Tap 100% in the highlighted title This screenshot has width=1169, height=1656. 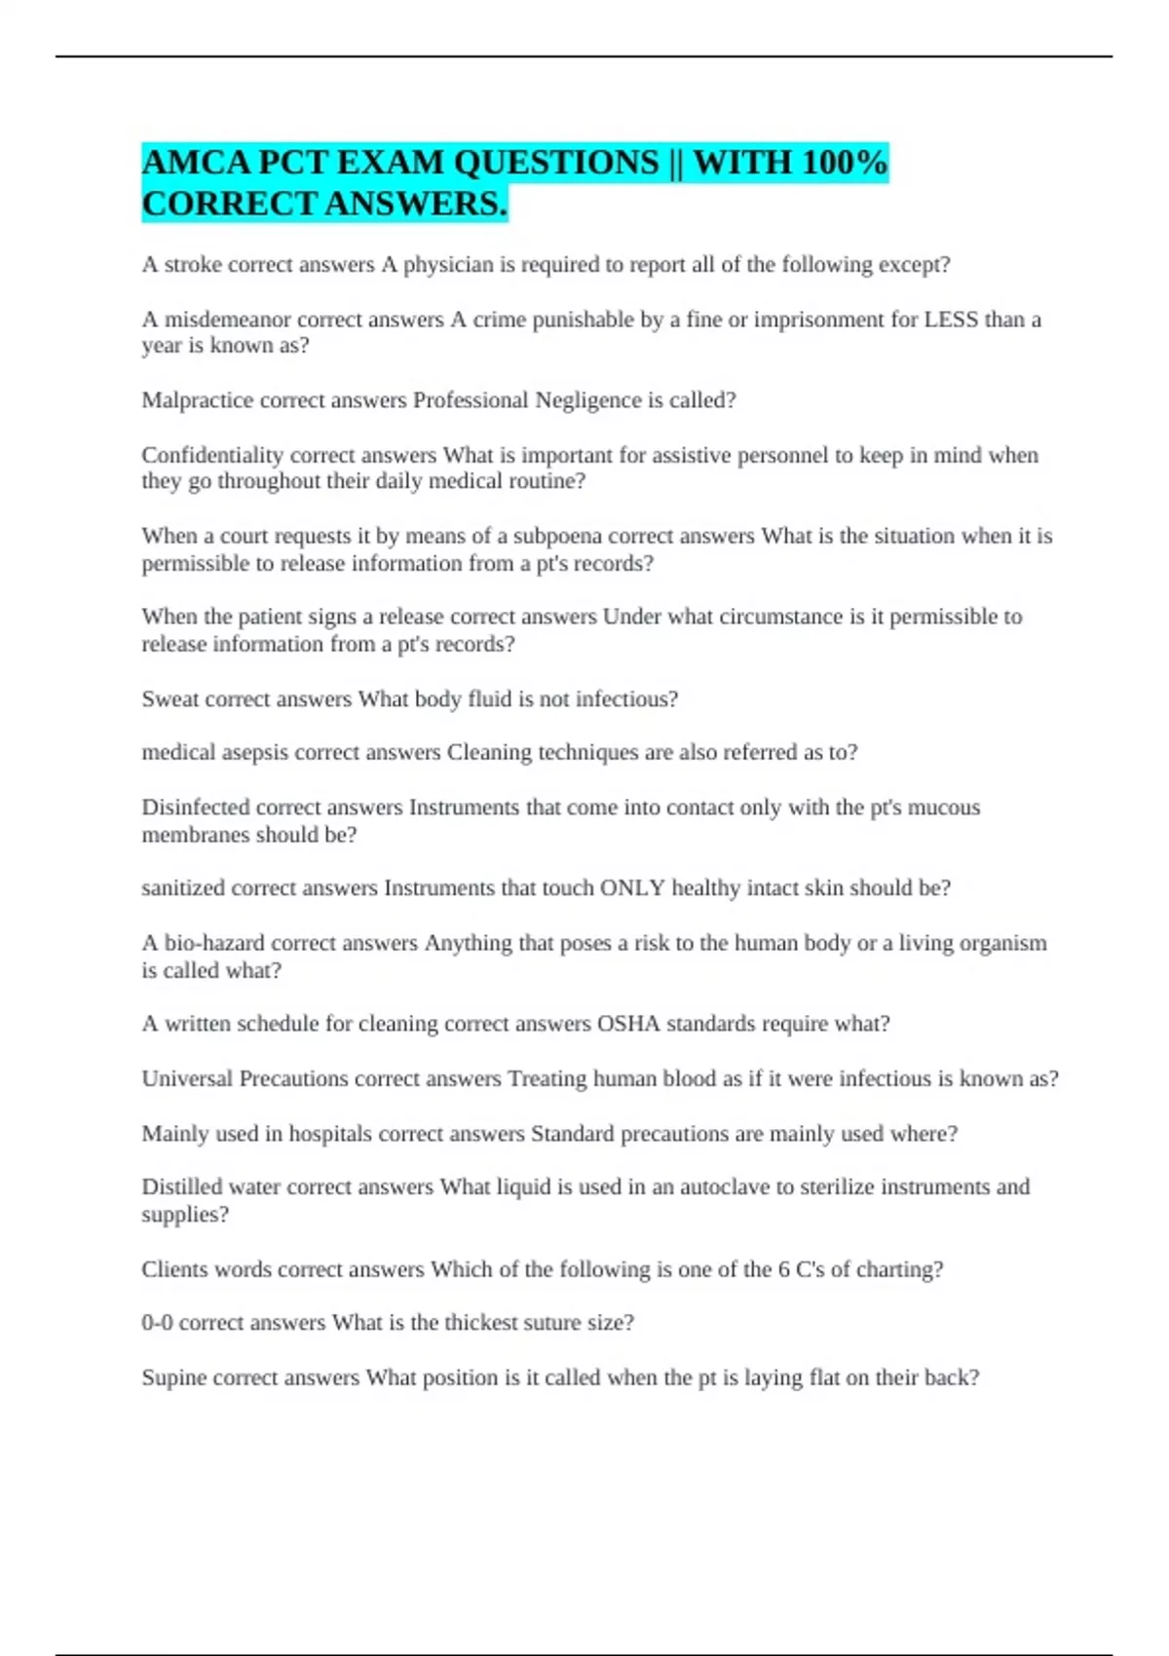[844, 162]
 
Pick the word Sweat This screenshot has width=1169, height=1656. [170, 699]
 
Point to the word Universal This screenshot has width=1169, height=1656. [187, 1079]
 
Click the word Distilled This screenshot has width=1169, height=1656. [182, 1187]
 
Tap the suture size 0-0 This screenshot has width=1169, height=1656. [157, 1323]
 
